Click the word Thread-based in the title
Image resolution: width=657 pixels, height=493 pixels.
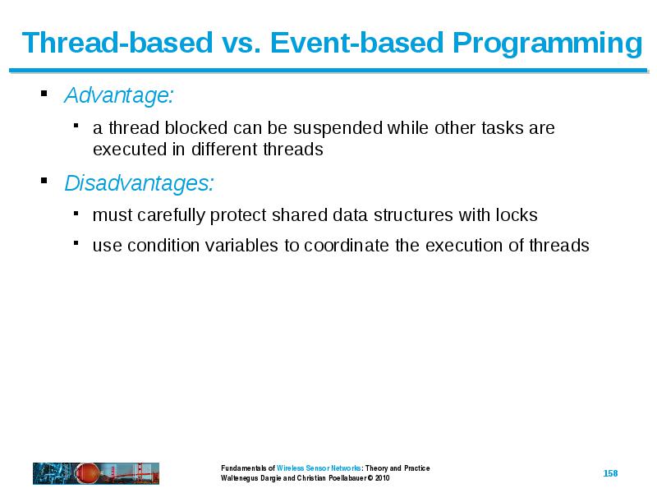click(117, 43)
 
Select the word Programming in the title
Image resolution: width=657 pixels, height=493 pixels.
click(548, 45)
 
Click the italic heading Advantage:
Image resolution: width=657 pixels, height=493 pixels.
click(119, 95)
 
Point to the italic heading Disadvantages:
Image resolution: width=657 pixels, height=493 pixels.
click(139, 183)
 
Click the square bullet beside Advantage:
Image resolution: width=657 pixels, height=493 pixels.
click(44, 93)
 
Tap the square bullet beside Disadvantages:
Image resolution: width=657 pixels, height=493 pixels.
click(44, 181)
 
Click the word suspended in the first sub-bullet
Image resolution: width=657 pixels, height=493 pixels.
click(338, 129)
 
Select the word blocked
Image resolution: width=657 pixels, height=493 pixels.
click(196, 128)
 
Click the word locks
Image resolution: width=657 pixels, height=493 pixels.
click(517, 215)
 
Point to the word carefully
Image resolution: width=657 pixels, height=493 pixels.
click(171, 216)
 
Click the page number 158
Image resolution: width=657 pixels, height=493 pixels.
click(610, 473)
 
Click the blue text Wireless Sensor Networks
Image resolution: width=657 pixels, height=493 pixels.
click(319, 468)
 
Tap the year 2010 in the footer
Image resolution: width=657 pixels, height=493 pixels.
click(383, 478)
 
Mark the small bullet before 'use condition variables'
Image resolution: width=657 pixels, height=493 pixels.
click(76, 242)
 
